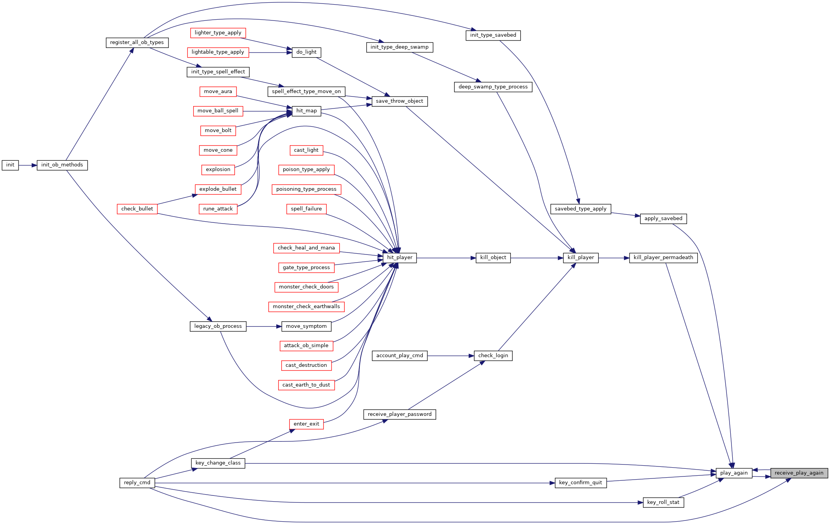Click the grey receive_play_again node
799,473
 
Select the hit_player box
400,258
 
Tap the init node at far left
10,165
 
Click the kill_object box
493,258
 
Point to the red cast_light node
306,150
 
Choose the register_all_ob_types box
137,42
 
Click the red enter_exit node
306,424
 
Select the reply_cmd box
137,483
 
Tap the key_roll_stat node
663,502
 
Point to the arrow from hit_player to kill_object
446,258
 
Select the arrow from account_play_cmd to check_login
451,356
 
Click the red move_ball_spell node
218,111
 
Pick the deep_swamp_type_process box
493,87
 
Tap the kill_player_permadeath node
663,258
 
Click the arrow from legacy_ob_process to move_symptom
264,327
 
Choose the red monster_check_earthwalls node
306,307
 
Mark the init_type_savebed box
493,35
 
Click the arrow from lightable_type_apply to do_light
270,53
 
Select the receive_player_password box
400,414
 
